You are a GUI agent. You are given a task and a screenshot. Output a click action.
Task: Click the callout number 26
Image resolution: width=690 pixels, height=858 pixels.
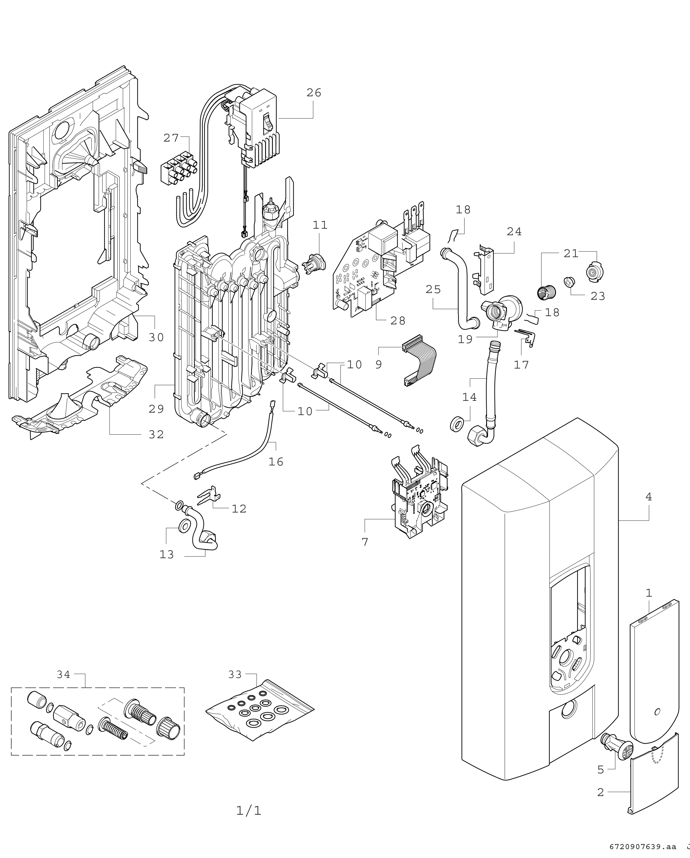(x=313, y=93)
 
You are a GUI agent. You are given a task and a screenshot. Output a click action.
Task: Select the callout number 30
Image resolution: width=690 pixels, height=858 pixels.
(x=156, y=337)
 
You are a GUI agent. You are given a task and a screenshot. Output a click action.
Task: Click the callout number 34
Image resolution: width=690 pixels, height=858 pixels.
(x=63, y=675)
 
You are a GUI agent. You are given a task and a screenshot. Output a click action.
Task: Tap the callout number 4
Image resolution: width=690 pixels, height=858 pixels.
(x=649, y=497)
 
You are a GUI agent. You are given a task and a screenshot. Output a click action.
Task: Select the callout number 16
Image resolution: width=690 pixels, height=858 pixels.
(x=276, y=462)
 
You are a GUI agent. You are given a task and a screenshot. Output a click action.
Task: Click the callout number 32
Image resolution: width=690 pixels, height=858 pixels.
(x=156, y=435)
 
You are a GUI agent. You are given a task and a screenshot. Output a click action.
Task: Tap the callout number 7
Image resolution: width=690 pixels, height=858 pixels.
(x=365, y=542)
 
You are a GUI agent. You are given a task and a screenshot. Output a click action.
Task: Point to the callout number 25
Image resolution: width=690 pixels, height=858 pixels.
(x=433, y=289)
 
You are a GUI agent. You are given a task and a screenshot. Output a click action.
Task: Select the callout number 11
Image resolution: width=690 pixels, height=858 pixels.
(x=320, y=225)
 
